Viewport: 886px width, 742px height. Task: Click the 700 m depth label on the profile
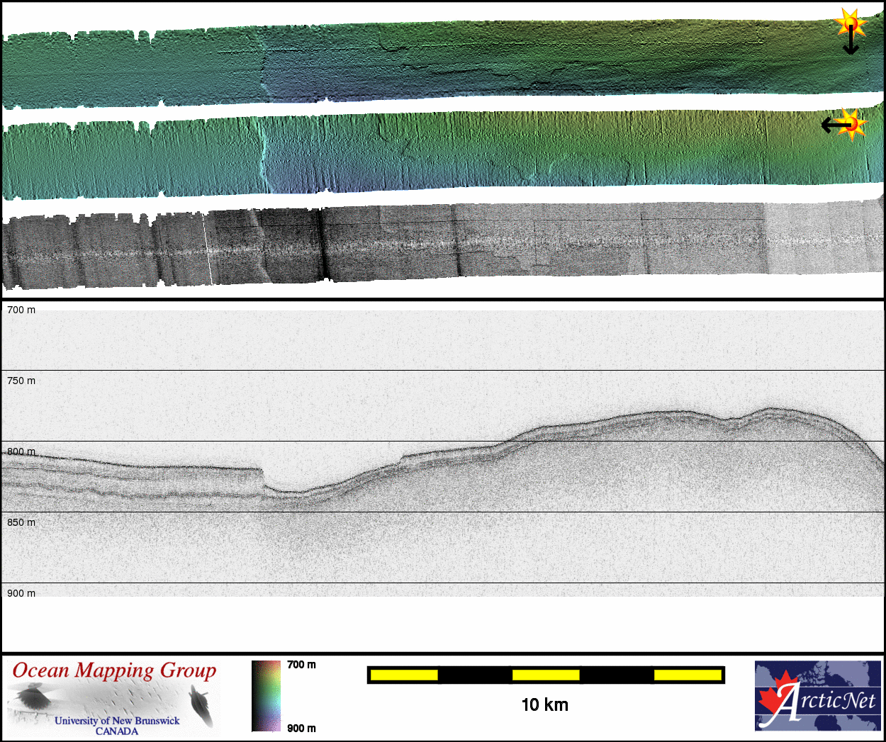(21, 310)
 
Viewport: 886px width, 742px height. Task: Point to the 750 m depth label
(21, 381)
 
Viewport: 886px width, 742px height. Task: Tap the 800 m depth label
(21, 452)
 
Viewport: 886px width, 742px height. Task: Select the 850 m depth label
(21, 523)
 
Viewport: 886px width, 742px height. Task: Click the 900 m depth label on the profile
(21, 593)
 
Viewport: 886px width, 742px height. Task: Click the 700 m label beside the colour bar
(301, 665)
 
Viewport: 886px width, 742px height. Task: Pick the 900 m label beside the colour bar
(301, 729)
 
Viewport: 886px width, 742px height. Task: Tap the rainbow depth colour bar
(266, 696)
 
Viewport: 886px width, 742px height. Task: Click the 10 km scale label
(545, 705)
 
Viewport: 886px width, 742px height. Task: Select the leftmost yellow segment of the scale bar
(404, 675)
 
